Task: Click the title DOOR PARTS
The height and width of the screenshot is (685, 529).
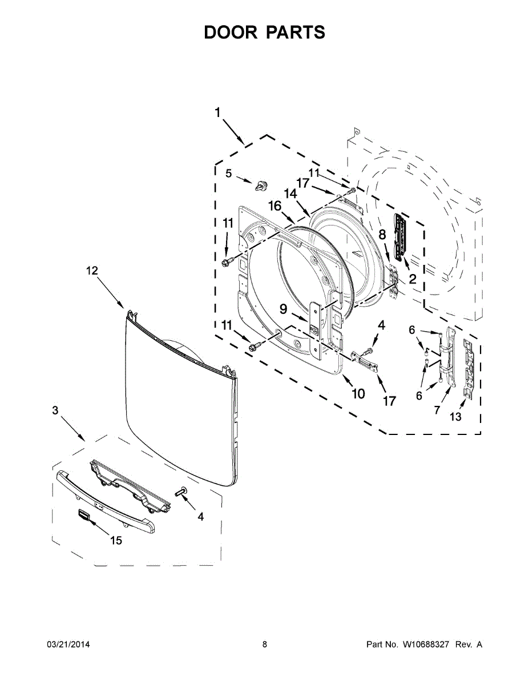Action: point(265,33)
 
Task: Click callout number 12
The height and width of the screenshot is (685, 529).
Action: point(92,272)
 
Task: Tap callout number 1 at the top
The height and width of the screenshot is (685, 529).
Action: point(217,112)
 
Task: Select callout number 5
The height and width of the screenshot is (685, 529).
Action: point(228,174)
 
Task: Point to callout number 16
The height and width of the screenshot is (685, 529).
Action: point(275,206)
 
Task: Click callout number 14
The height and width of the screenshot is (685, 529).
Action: point(291,194)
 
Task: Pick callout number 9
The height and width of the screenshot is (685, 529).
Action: point(283,309)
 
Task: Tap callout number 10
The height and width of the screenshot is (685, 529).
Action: point(358,393)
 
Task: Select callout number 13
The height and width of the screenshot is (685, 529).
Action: point(455,417)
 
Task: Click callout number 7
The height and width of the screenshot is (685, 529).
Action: point(437,410)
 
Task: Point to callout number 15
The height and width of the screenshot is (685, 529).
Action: point(116,540)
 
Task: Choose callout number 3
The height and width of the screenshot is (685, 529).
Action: point(55,410)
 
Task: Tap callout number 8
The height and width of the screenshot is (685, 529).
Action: point(382,233)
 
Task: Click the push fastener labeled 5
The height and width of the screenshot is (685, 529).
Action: point(262,185)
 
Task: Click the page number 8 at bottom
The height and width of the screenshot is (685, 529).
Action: point(265,644)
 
